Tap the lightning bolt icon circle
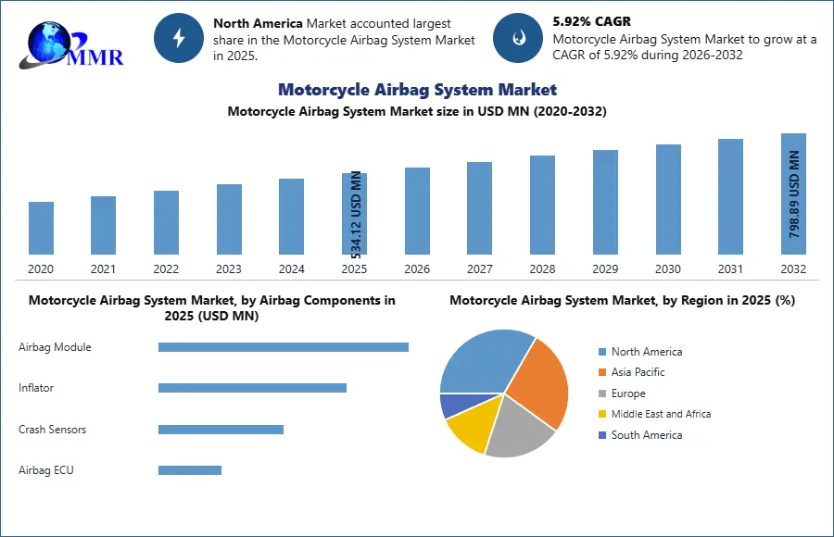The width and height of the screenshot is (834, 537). [179, 38]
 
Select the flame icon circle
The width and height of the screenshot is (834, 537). [518, 38]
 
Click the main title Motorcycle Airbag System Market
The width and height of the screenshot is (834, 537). [417, 90]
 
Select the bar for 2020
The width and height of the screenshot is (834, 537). [41, 228]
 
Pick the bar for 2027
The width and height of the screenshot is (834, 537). [479, 208]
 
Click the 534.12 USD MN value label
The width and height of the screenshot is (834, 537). [357, 213]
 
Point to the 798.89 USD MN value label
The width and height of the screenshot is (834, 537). [794, 194]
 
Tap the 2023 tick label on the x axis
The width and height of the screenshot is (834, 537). [229, 269]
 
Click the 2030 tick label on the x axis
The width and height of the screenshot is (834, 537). [668, 269]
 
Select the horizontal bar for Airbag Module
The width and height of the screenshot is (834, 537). [283, 347]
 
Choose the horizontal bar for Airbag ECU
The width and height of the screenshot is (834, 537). [190, 470]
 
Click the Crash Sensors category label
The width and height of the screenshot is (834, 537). [52, 430]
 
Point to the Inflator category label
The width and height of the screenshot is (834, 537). [36, 388]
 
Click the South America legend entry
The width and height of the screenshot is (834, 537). [646, 435]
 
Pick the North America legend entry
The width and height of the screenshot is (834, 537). [646, 352]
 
